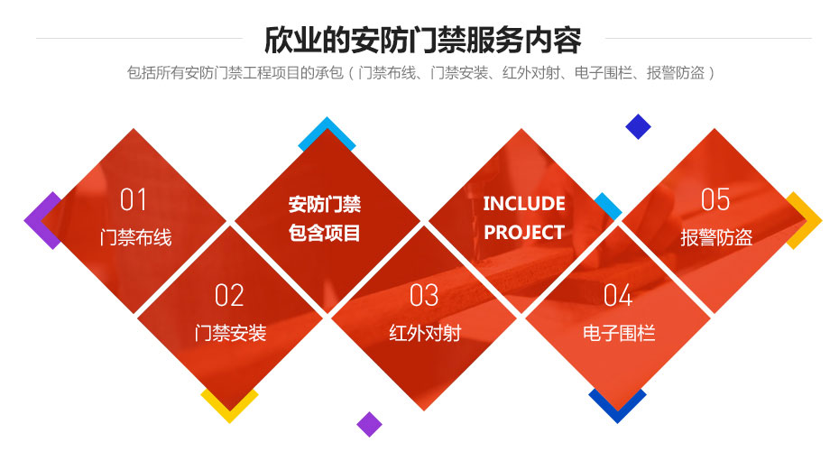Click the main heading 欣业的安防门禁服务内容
tap(422, 41)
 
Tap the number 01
tap(134, 199)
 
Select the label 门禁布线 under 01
tap(135, 238)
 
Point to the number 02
tap(229, 295)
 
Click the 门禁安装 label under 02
tap(231, 333)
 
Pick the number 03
tap(424, 295)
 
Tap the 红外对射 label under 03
tap(424, 333)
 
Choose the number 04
tap(618, 295)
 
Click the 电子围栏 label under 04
tap(619, 333)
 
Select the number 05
tap(715, 199)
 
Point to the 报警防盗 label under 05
tap(716, 238)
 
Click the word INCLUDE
tap(524, 203)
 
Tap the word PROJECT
tap(524, 232)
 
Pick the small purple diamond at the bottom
tap(369, 424)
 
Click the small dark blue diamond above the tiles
tap(638, 126)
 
